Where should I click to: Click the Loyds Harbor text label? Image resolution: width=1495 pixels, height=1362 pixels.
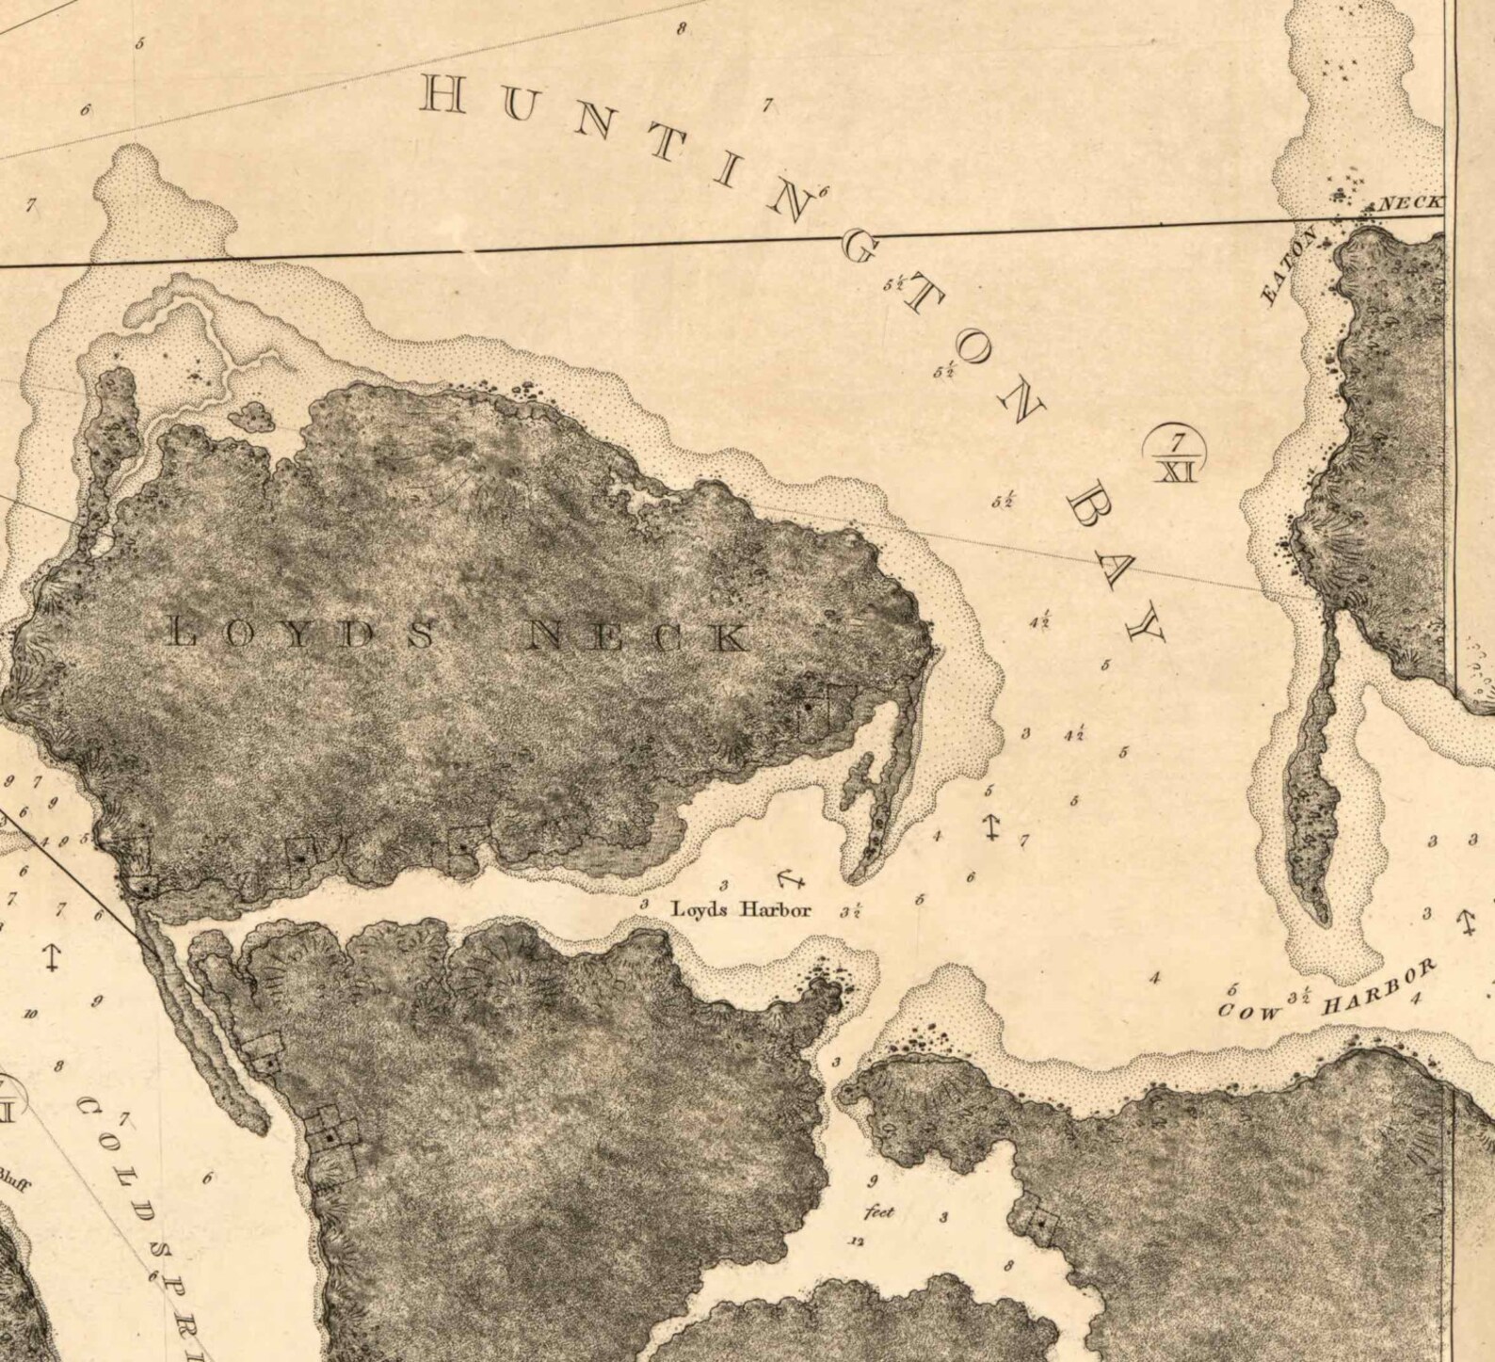[x=739, y=910]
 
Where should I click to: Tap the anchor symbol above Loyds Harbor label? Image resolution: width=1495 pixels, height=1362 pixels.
[x=788, y=879]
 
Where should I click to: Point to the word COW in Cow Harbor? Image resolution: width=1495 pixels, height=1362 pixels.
[x=1249, y=1012]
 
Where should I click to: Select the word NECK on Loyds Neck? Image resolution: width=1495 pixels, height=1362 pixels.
[x=640, y=637]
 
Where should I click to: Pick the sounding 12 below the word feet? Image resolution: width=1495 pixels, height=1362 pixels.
[x=856, y=1241]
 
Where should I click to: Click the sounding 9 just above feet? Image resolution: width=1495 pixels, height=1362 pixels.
[x=873, y=1181]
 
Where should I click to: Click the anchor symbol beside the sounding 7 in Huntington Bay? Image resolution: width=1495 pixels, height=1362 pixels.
[x=990, y=826]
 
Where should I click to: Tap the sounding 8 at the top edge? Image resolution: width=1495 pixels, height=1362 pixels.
[x=681, y=28]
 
